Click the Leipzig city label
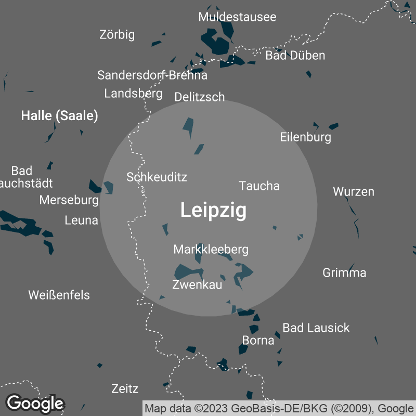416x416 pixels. click(213, 211)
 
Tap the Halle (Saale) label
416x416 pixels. click(59, 116)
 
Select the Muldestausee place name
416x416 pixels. click(237, 17)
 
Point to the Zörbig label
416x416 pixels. click(117, 35)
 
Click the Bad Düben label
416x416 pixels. click(295, 55)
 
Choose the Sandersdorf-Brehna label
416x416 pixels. click(152, 75)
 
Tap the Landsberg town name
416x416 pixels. click(133, 94)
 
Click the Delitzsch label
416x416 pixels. click(200, 97)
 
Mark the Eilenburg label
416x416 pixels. click(305, 137)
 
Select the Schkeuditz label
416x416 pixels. click(157, 177)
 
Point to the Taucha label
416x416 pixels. click(259, 186)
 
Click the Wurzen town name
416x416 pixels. click(354, 191)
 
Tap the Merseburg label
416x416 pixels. click(69, 200)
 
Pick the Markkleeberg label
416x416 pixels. click(211, 250)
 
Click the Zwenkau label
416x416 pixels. click(197, 285)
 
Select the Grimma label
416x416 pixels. click(344, 272)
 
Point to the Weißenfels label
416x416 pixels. click(59, 295)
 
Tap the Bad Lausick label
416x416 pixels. click(316, 328)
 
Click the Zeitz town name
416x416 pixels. click(125, 388)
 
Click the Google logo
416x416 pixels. click(35, 403)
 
